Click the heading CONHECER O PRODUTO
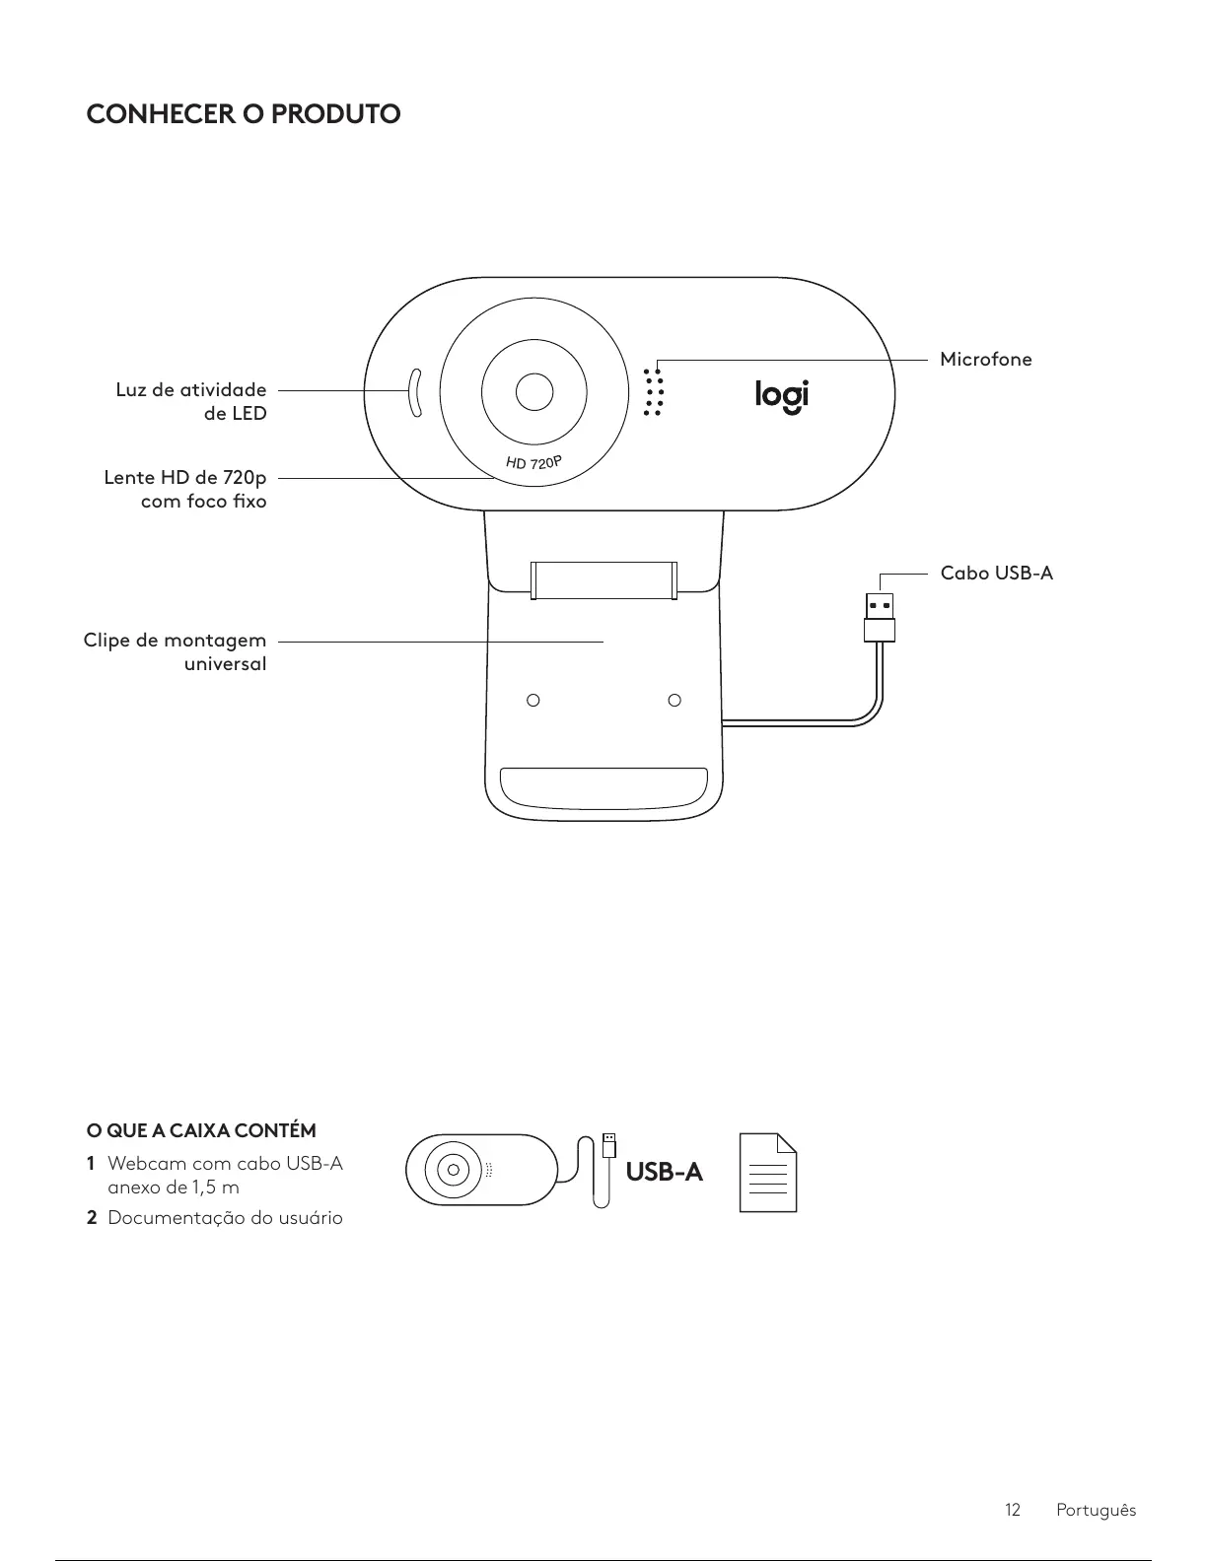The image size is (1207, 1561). (x=244, y=114)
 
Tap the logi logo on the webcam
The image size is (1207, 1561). (x=781, y=395)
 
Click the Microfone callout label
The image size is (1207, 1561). (x=985, y=360)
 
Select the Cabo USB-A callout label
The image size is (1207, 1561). (x=996, y=573)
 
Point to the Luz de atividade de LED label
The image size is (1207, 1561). (x=191, y=401)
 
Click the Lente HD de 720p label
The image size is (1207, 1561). (x=185, y=490)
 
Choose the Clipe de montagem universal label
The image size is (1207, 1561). (x=176, y=652)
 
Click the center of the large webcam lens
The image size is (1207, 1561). (x=534, y=391)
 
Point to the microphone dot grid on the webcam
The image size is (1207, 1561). (x=652, y=393)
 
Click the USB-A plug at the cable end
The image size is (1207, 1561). (x=880, y=617)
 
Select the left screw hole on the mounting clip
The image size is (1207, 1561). (x=532, y=701)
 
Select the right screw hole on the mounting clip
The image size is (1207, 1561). (x=674, y=701)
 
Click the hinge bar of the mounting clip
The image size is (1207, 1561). (x=603, y=579)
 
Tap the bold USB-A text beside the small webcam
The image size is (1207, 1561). (x=665, y=1172)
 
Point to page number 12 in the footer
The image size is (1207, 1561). (x=1012, y=1510)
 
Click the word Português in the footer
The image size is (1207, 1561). (x=1096, y=1510)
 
